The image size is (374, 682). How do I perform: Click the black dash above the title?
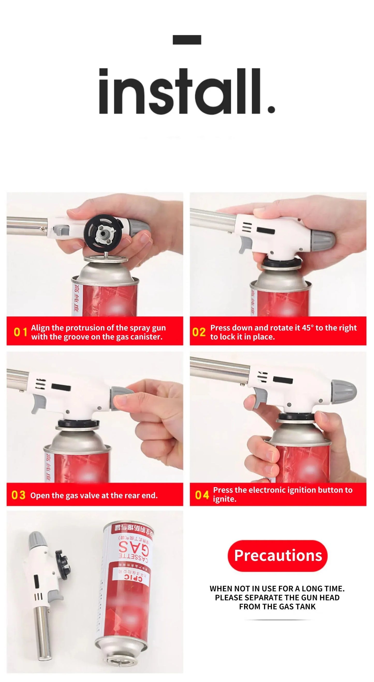pos(187,40)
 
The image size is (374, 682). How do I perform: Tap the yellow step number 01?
pos(20,332)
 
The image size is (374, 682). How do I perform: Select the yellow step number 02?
pos(199,332)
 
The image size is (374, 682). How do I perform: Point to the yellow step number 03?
pos(19,495)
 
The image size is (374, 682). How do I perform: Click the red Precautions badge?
pos(277,555)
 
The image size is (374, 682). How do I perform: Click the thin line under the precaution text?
pos(277,620)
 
